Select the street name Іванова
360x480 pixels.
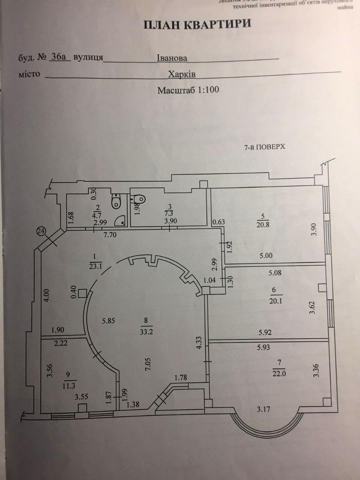(172, 58)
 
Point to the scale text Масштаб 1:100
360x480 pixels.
(188, 90)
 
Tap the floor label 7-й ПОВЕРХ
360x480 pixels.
(264, 147)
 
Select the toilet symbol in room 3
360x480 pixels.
(138, 198)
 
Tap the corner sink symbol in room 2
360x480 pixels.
(120, 219)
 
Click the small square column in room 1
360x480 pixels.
(82, 293)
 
